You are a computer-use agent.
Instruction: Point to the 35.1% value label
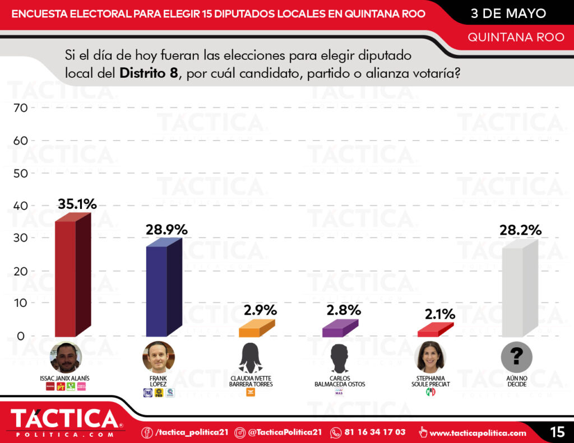tap(77, 204)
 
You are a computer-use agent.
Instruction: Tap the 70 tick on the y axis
tap(20, 108)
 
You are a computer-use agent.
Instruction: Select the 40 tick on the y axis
tap(20, 206)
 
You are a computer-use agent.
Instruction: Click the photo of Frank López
tap(159, 357)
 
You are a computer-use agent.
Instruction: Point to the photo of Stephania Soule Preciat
tap(430, 357)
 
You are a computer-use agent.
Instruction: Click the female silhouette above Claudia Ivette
tap(250, 358)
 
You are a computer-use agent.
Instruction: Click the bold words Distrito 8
tap(149, 73)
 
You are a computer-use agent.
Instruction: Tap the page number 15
tap(557, 432)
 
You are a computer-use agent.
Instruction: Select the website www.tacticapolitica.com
tap(478, 433)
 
